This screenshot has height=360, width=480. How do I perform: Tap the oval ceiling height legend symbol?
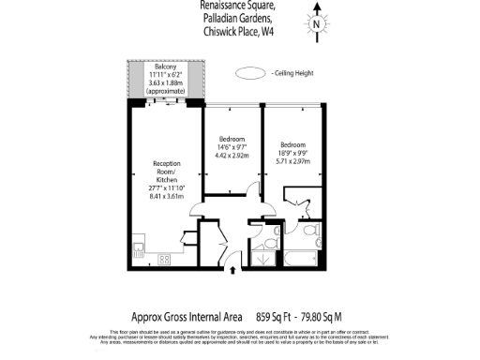click(x=249, y=72)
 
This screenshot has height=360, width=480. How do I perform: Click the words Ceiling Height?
click(x=292, y=72)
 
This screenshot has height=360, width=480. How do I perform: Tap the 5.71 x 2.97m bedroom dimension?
click(x=293, y=161)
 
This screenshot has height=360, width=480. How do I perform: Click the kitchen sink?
click(x=139, y=249)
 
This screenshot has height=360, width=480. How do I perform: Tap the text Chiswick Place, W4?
click(x=239, y=31)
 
